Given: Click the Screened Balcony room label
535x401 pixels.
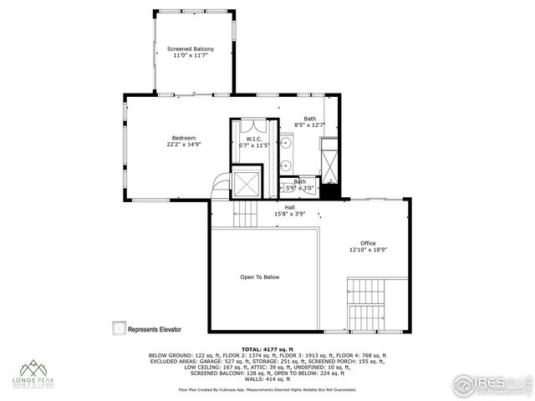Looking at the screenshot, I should pyautogui.click(x=191, y=49).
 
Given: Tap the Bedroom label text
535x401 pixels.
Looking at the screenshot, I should pyautogui.click(x=184, y=137).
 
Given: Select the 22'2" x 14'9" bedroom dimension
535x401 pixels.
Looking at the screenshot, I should pyautogui.click(x=184, y=144).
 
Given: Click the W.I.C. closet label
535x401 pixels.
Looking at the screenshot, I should pyautogui.click(x=254, y=139).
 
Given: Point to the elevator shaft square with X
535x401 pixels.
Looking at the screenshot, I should pyautogui.click(x=247, y=182).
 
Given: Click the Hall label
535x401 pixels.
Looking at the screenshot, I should pyautogui.click(x=290, y=207).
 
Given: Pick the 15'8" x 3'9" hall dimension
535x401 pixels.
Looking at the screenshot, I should pyautogui.click(x=290, y=214).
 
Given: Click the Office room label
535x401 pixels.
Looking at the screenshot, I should pyautogui.click(x=368, y=243).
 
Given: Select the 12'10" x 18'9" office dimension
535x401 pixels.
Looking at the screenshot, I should pyautogui.click(x=368, y=250).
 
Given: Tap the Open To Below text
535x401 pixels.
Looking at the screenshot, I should pyautogui.click(x=260, y=277).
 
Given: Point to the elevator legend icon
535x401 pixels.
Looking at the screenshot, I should pyautogui.click(x=119, y=328).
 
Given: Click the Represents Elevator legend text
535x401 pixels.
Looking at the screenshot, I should pyautogui.click(x=155, y=329).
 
